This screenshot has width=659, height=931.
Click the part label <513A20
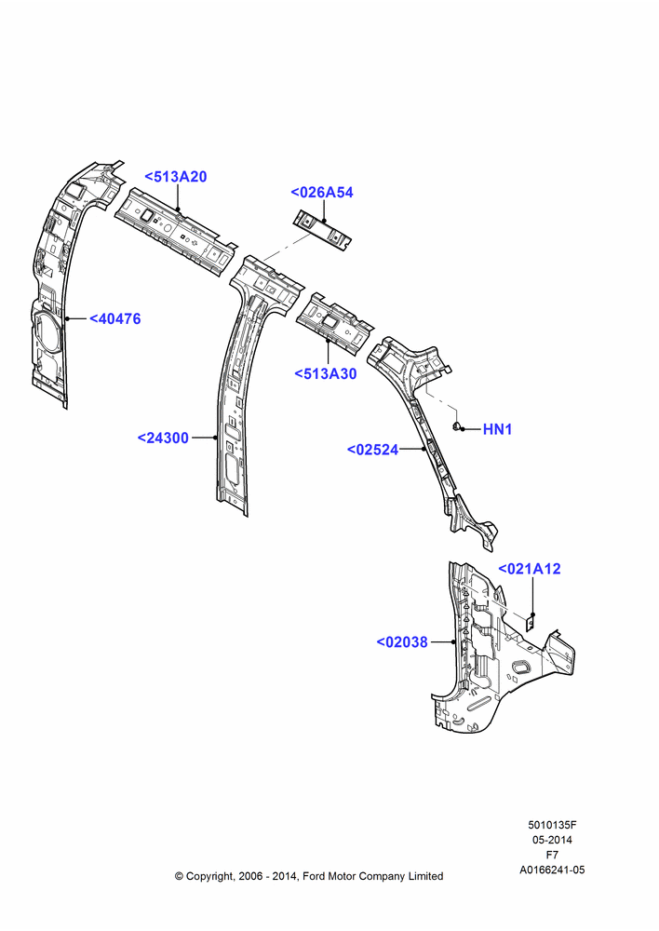pyautogui.click(x=176, y=176)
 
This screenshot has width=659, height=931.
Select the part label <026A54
pyautogui.click(x=322, y=193)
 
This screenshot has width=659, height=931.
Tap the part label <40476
pyautogui.click(x=115, y=318)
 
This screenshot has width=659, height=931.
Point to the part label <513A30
pyautogui.click(x=326, y=373)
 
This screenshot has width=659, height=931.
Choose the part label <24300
pyautogui.click(x=163, y=438)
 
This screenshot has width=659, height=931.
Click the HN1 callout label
pyautogui.click(x=498, y=428)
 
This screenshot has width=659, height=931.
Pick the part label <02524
pyautogui.click(x=373, y=450)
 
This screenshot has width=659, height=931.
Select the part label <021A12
pyautogui.click(x=529, y=568)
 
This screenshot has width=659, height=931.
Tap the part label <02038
pyautogui.click(x=402, y=641)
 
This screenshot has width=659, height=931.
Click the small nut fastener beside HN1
pyautogui.click(x=456, y=426)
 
